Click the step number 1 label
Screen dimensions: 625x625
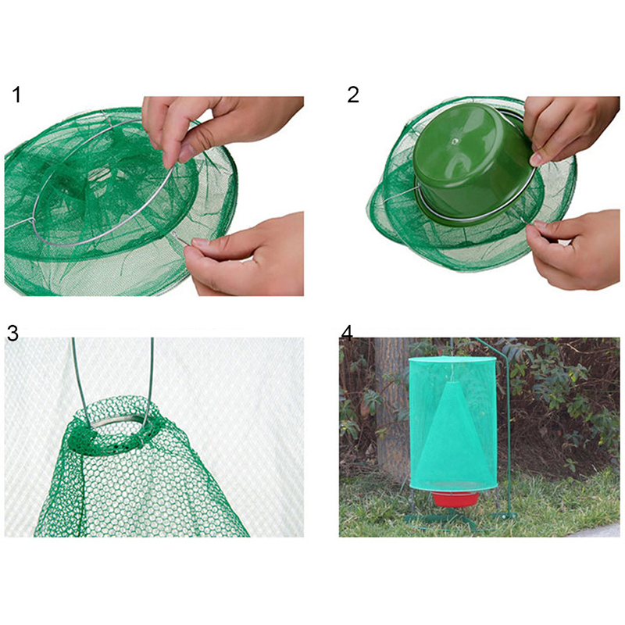coord(16,95)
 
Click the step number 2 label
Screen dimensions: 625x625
coord(353,95)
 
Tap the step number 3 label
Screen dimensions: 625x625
coord(12,334)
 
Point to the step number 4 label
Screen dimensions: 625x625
coord(347,334)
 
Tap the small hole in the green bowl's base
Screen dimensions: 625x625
coord(454,141)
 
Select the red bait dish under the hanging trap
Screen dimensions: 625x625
coord(456,498)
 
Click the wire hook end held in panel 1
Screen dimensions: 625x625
coord(180,237)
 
